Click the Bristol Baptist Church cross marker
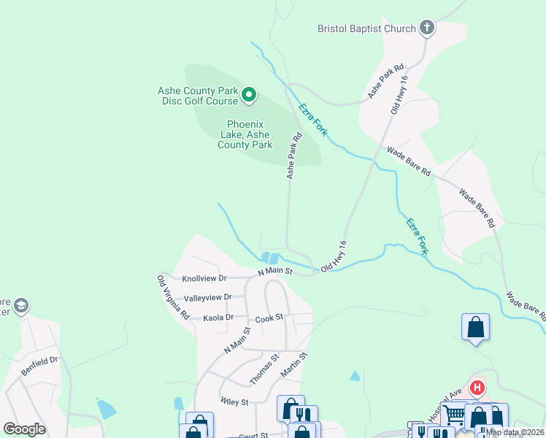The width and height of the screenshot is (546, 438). tap(428, 28)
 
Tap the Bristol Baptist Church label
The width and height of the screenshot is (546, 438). tap(366, 29)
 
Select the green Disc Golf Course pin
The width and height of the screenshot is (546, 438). tap(249, 94)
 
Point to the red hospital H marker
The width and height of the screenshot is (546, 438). tap(477, 388)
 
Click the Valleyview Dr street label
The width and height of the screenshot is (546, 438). tap(207, 297)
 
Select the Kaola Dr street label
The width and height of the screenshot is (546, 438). tap(218, 318)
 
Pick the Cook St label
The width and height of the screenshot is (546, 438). tap(269, 320)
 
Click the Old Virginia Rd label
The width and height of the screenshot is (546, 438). tap(174, 297)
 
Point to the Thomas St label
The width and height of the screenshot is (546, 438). tap(264, 369)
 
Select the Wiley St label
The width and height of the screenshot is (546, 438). tap(235, 401)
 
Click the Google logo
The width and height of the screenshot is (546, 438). tap(24, 429)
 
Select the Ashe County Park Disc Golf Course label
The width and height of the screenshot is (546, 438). tap(199, 96)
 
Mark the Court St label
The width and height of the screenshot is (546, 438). tap(253, 435)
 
